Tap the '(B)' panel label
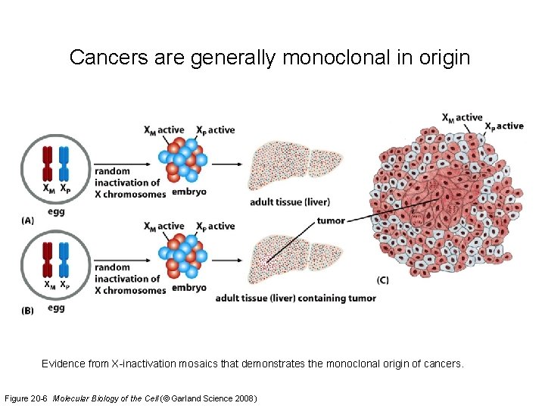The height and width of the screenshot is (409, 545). click(x=28, y=311)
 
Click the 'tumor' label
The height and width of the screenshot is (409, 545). click(x=331, y=220)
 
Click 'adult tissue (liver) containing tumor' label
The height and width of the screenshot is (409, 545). click(x=295, y=298)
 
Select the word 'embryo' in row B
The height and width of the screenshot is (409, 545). click(x=188, y=288)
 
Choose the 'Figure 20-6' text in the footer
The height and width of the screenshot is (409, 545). click(x=28, y=398)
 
